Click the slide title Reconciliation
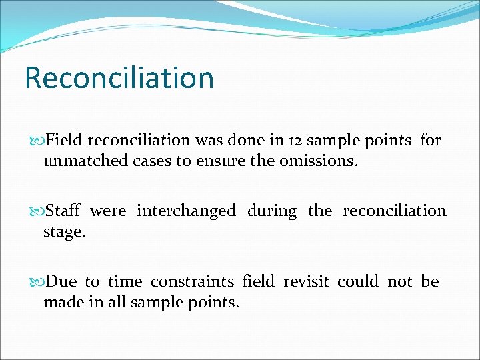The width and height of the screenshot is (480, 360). (x=119, y=78)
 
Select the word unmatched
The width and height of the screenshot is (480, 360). (x=76, y=161)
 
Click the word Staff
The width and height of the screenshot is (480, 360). (x=63, y=211)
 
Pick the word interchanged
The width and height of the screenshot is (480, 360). (x=186, y=211)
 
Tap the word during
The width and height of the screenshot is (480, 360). (x=271, y=211)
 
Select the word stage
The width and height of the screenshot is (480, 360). (x=64, y=232)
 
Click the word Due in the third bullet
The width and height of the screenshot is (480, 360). (x=62, y=282)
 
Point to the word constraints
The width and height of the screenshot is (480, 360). (x=193, y=282)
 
